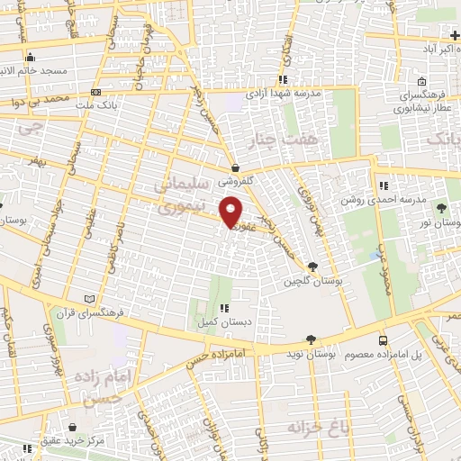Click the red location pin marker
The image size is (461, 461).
click(231, 213)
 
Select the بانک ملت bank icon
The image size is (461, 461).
click(95, 91)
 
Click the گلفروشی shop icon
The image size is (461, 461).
click(236, 167)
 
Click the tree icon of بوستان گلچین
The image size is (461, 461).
click(312, 266)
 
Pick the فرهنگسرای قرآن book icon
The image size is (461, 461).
click(88, 299)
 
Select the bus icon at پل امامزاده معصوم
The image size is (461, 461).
click(383, 341)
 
